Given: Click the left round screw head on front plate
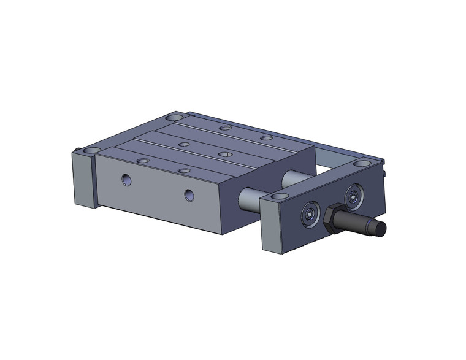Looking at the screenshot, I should pos(310,215).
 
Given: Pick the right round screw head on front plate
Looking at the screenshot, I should pos(353,196).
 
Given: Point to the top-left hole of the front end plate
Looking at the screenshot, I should pos(279,196).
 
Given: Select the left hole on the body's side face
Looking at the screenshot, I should pos(126,180).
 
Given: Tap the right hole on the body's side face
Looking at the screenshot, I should pos(189,195).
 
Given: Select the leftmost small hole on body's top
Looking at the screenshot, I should pos(142,161).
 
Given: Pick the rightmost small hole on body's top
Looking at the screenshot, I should pos(266,138).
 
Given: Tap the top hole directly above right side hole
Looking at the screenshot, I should pos(183,170).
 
